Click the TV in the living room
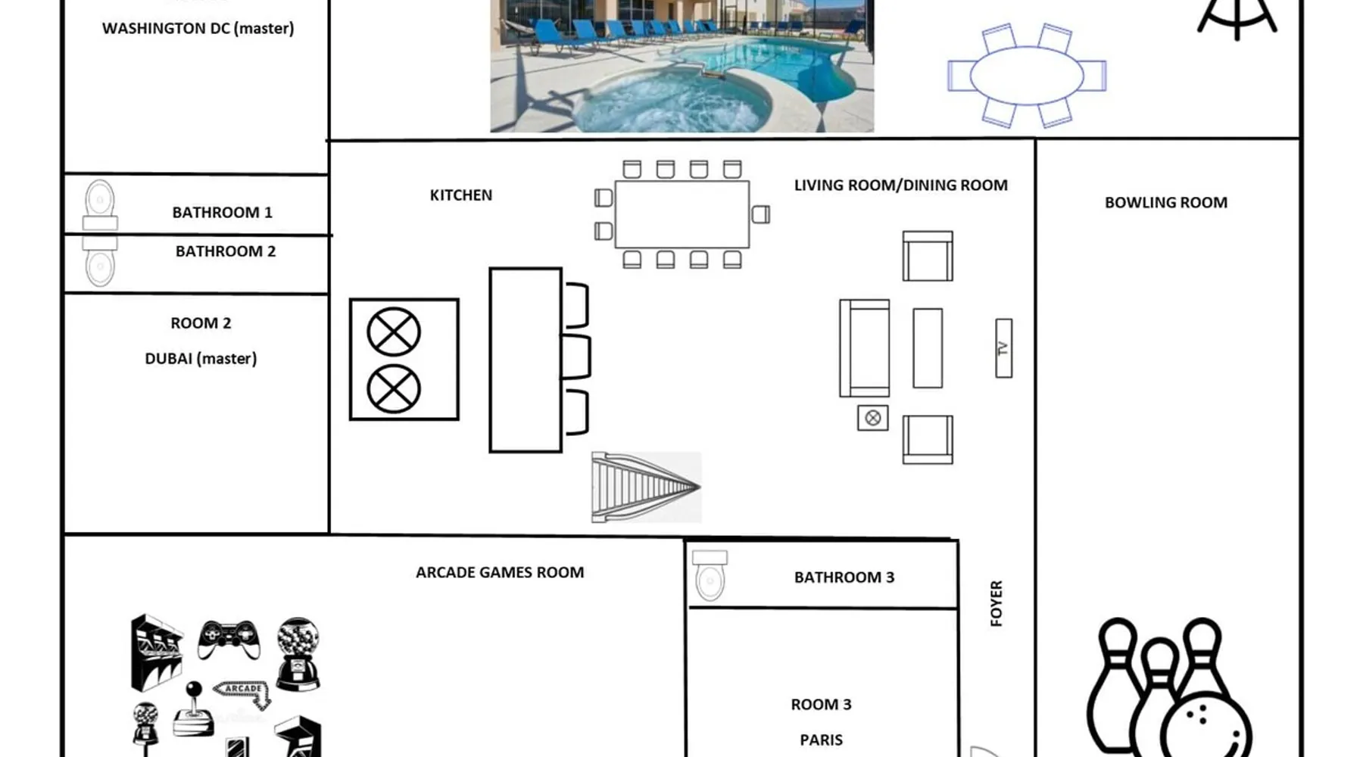click(1003, 348)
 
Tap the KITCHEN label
click(461, 195)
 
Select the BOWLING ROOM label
click(1166, 203)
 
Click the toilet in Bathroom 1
click(100, 204)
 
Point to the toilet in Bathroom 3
click(710, 575)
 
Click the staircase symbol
click(646, 488)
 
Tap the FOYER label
click(997, 603)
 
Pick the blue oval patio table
click(1027, 75)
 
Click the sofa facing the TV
click(865, 348)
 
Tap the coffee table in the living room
click(928, 348)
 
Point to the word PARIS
click(822, 740)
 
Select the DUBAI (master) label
click(201, 359)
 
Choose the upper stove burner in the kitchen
click(394, 332)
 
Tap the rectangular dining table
click(682, 214)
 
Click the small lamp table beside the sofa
click(873, 418)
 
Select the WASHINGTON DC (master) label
click(198, 29)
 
